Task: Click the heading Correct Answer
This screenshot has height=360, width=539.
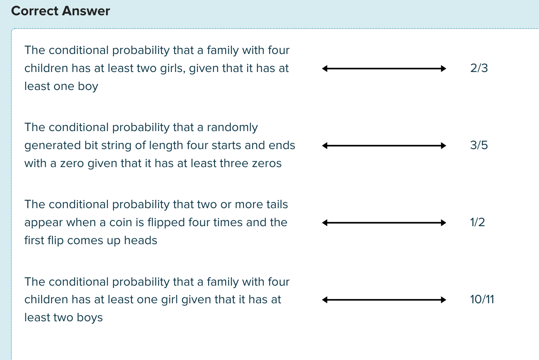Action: point(61,11)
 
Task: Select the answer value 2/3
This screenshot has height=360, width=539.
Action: point(479,68)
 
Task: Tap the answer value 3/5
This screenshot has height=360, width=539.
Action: point(479,145)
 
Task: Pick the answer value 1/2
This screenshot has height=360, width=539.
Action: point(478,222)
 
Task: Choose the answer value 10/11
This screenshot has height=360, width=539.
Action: point(482,299)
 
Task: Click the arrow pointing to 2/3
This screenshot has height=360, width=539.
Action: point(384,68)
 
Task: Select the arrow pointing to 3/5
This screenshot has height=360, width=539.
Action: point(384,146)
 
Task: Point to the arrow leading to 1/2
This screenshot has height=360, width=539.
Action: point(384,223)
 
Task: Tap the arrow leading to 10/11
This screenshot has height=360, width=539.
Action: point(384,300)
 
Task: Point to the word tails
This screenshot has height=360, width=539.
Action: point(277,204)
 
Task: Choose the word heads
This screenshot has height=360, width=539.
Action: point(140,240)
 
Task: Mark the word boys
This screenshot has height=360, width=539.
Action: point(90,318)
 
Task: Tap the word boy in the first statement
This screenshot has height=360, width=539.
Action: point(88,86)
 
